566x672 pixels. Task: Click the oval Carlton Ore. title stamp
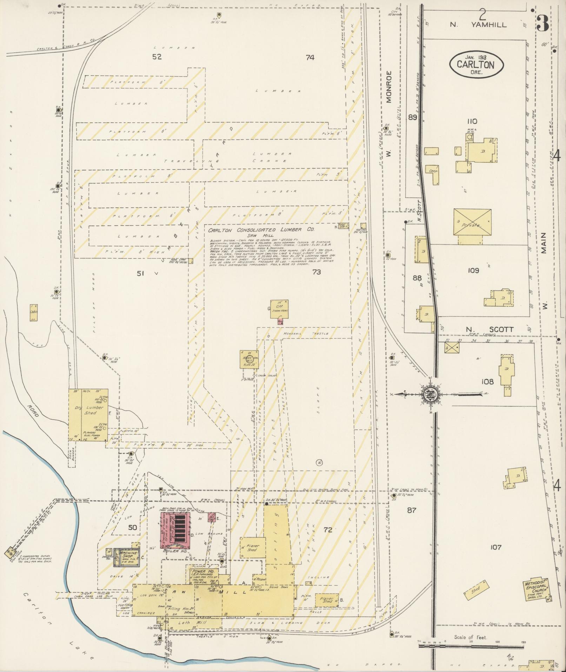(477, 64)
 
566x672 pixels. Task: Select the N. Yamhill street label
(479, 25)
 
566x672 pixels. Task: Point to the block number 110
(472, 121)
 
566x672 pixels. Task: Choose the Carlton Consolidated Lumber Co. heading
(261, 230)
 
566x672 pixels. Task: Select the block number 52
(157, 57)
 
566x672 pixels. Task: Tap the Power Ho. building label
(199, 572)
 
